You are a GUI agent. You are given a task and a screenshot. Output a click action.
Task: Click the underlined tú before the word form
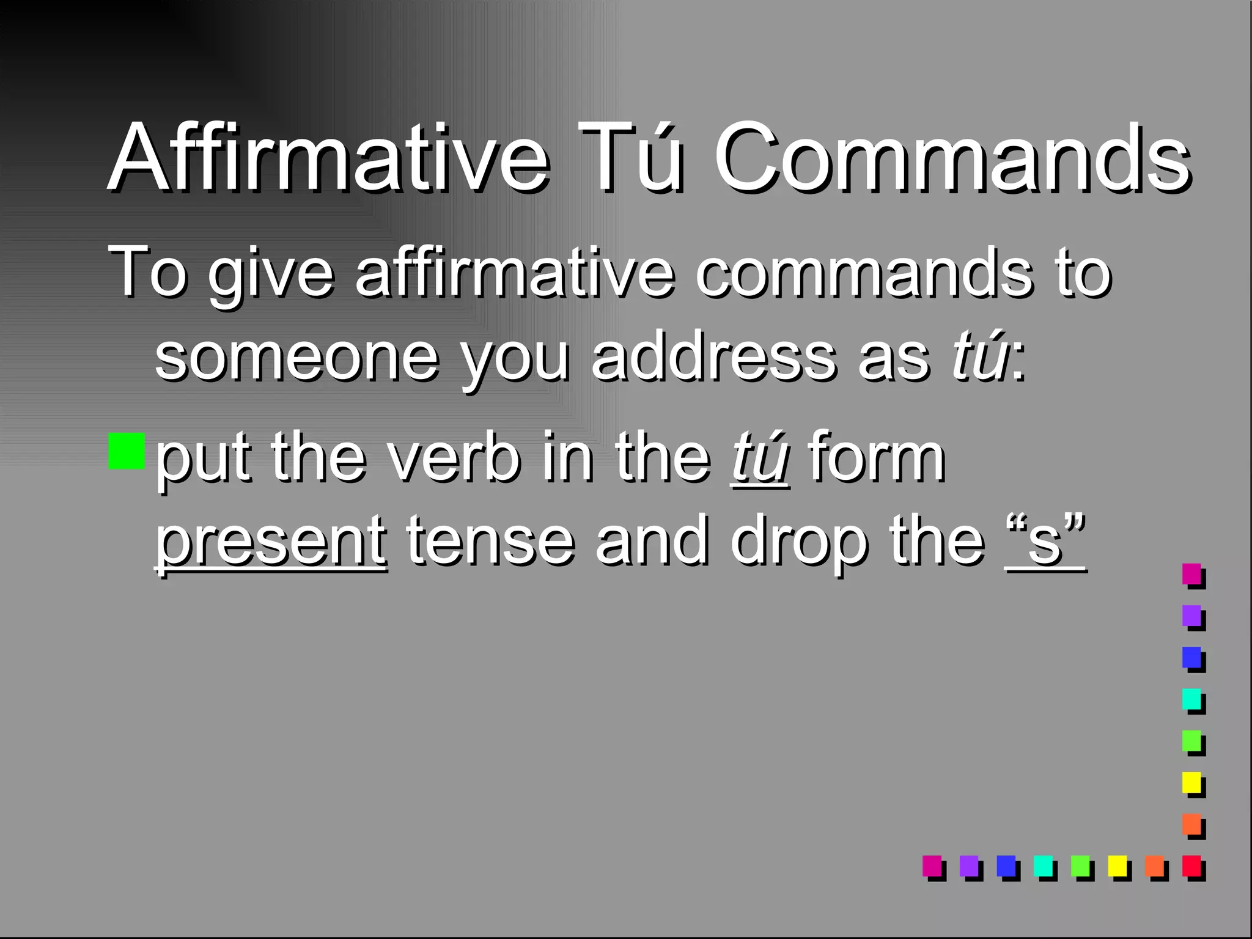point(760,457)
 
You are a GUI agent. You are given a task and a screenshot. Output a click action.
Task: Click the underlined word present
point(271,542)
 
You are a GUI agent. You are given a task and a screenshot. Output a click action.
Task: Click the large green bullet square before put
point(127,451)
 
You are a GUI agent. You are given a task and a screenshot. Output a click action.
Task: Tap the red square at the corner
point(1191,865)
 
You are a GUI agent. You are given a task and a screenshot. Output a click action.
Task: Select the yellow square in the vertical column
point(1191,782)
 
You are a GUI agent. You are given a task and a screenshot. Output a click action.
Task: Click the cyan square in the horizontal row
point(1043,865)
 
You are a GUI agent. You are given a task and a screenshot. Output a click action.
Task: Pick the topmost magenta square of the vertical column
point(1191,574)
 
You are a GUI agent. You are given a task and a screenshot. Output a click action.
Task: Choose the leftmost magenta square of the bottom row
point(932,865)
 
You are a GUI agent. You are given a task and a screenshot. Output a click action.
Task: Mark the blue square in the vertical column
point(1191,657)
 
